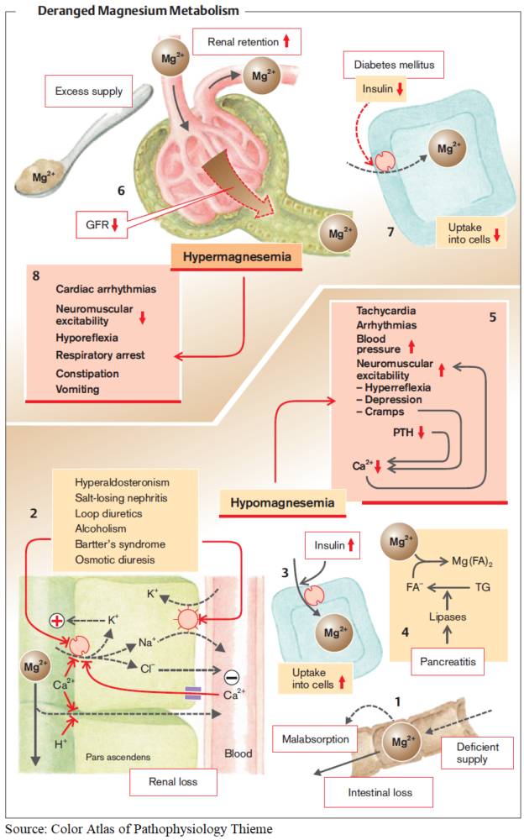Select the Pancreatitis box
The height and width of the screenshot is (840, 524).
coord(450,663)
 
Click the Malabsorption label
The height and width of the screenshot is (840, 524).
coord(316,741)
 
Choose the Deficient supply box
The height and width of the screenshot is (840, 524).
coord(474,753)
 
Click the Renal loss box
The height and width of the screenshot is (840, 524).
coord(172,783)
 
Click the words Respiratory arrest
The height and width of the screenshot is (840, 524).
coord(100,355)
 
